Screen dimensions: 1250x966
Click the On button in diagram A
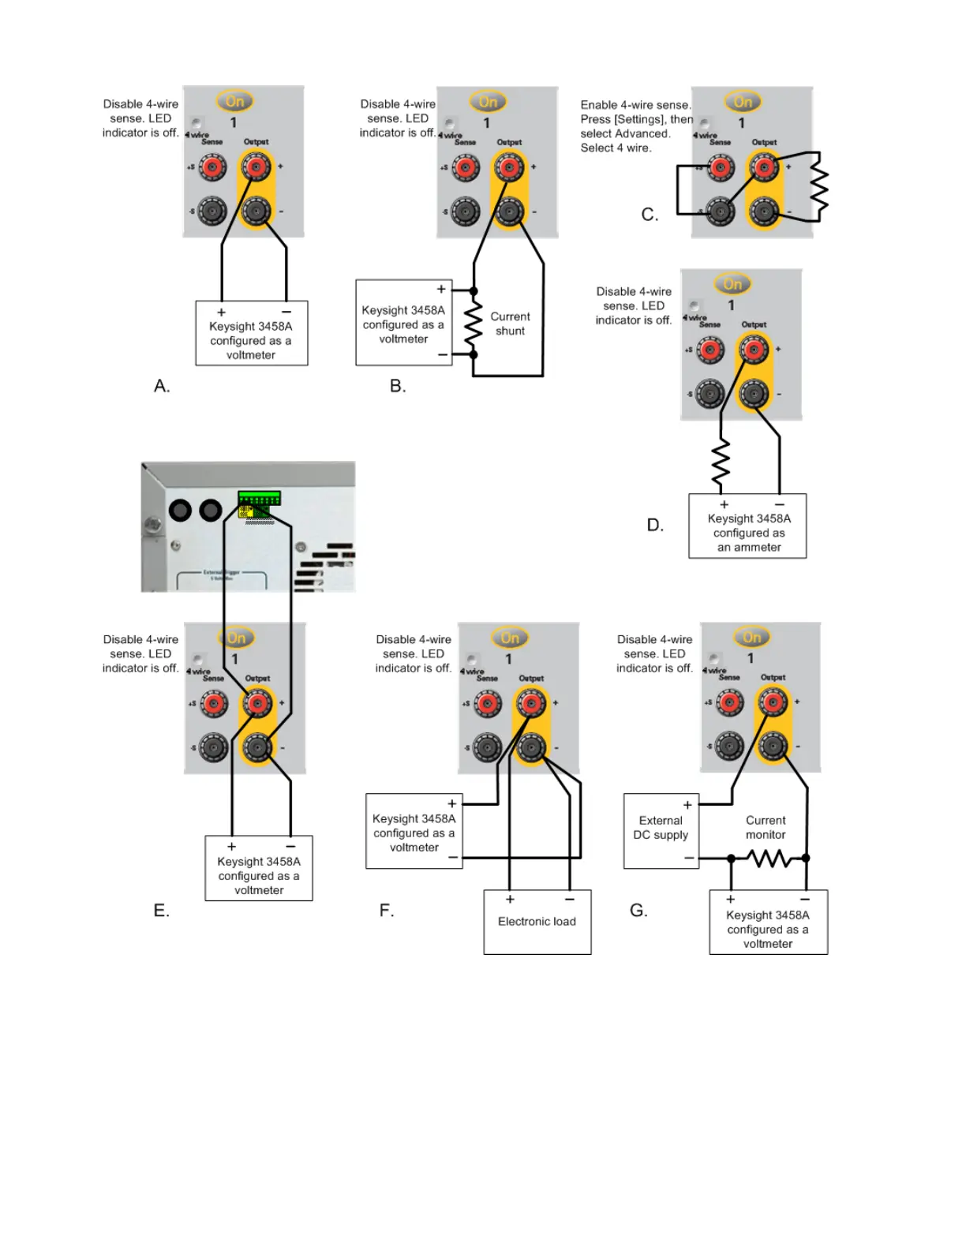click(x=234, y=102)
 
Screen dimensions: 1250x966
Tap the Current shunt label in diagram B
click(x=510, y=324)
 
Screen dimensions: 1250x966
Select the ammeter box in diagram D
click(x=747, y=526)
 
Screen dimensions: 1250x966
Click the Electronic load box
click(x=537, y=922)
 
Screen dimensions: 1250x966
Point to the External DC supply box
click(x=661, y=830)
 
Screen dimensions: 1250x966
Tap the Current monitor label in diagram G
click(x=765, y=828)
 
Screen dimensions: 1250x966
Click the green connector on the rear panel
click(x=259, y=498)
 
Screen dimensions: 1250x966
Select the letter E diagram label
click(x=161, y=911)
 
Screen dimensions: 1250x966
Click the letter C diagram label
click(x=650, y=215)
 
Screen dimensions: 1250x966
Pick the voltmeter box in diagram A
click(x=251, y=333)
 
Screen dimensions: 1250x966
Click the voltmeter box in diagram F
click(x=414, y=832)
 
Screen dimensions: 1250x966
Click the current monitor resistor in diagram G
click(x=768, y=858)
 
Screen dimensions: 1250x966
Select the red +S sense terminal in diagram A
click(x=212, y=167)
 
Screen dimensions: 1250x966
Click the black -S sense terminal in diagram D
click(x=710, y=393)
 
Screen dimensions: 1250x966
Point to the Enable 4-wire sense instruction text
click(x=635, y=126)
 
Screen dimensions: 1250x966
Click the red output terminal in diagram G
click(x=772, y=702)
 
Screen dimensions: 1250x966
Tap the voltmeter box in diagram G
click(x=768, y=923)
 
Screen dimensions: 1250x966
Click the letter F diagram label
click(x=386, y=911)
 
